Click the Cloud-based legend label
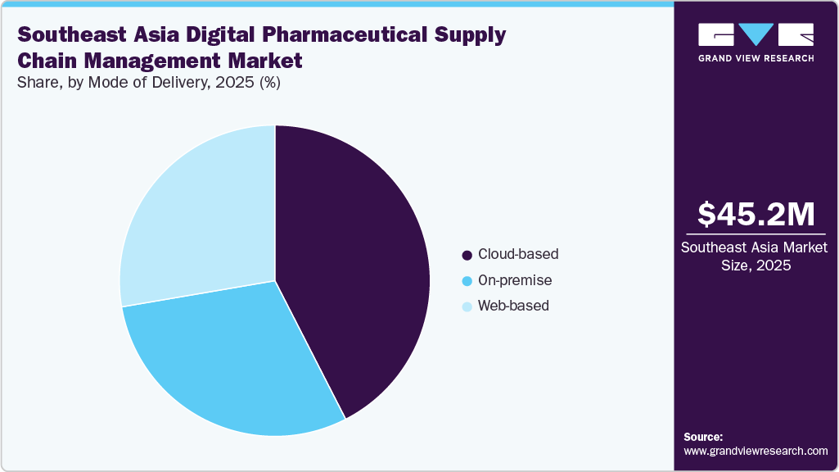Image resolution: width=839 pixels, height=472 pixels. [x=518, y=254]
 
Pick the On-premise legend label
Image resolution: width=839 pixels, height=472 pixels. [x=515, y=280]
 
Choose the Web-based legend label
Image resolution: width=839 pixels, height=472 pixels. [x=513, y=306]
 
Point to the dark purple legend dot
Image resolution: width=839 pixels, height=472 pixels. [x=467, y=255]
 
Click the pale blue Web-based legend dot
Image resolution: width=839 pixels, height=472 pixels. [x=467, y=306]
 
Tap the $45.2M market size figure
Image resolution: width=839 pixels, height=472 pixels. [x=756, y=215]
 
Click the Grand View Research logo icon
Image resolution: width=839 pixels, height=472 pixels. [x=756, y=34]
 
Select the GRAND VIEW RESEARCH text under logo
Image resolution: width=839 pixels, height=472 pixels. [x=756, y=58]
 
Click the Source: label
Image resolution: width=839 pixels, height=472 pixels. [x=703, y=437]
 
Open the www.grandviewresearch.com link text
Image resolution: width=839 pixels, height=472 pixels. [x=756, y=451]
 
